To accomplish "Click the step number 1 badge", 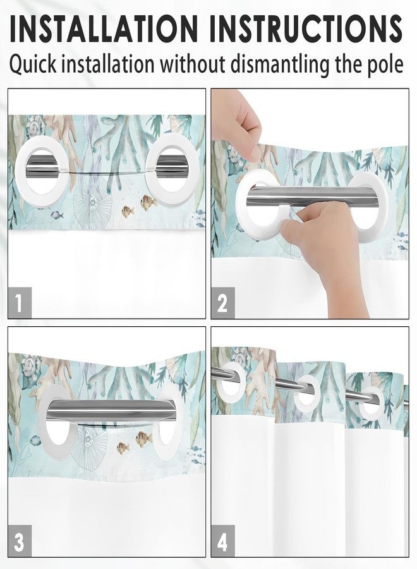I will tap(20, 303).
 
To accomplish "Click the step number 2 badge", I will tap(222, 303).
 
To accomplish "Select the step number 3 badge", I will tap(20, 542).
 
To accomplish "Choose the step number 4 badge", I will tap(222, 542).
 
